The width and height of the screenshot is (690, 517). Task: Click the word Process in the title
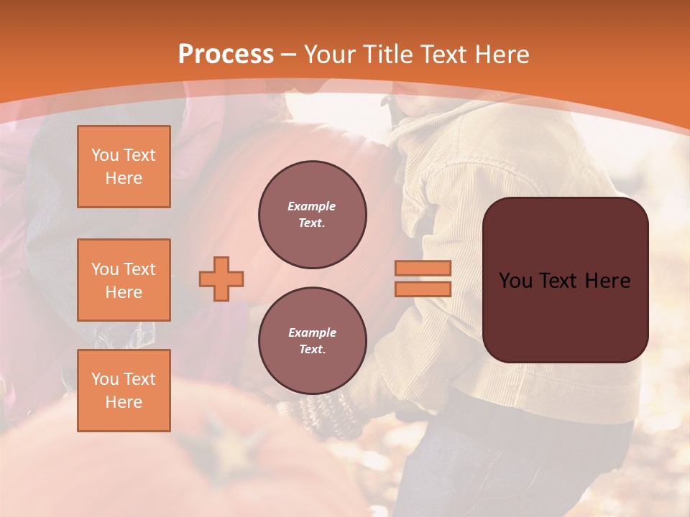[x=226, y=55]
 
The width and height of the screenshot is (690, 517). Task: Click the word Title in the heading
[x=389, y=55]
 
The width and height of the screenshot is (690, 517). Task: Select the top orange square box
[x=124, y=167]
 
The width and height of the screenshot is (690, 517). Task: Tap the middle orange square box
[x=124, y=280]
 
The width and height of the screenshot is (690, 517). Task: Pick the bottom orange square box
[x=124, y=391]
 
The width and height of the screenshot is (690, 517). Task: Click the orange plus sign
[x=221, y=279]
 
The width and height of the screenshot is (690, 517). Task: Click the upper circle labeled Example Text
[x=312, y=215]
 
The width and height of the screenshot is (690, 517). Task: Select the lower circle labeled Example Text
[x=312, y=341]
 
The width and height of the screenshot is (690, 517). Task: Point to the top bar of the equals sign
[x=423, y=268]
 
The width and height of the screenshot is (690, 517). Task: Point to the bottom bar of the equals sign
[x=423, y=289]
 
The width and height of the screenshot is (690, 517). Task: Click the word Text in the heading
[x=443, y=55]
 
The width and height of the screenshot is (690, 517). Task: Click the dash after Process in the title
[x=288, y=55]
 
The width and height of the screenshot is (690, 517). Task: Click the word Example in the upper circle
[x=312, y=206]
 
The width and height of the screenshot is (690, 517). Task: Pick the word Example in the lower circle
[x=312, y=332]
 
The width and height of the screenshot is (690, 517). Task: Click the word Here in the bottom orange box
[x=124, y=402]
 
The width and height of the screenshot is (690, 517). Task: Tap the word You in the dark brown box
[x=515, y=280]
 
